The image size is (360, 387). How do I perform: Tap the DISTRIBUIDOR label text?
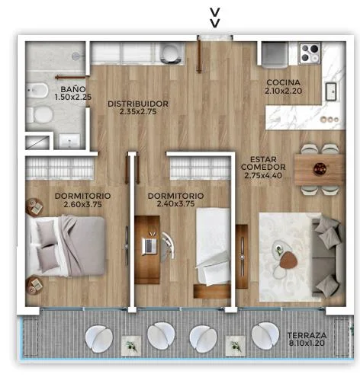point(138,104)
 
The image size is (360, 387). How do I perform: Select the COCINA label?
point(284,82)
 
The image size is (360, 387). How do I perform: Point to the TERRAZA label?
point(307,335)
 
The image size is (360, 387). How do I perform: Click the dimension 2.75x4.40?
point(263,175)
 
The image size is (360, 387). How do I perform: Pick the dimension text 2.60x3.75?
point(82,204)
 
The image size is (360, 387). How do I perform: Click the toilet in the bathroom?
point(40,115)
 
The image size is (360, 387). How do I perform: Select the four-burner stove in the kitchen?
point(310,53)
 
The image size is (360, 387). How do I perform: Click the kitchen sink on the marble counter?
point(331,91)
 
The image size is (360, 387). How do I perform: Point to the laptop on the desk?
point(149,245)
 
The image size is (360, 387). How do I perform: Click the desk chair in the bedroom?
point(167,245)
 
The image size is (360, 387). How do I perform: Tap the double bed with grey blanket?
point(66,246)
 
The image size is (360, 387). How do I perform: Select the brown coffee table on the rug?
point(288,260)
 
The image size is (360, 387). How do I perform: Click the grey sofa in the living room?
point(328,257)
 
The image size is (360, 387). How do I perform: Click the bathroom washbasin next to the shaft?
point(69,141)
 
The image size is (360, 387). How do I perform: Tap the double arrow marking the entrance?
point(215,18)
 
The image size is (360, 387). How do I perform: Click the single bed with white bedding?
point(213,246)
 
